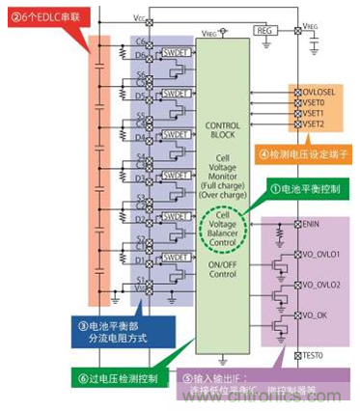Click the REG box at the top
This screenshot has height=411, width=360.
click(263, 31)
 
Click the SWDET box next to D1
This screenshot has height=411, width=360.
click(174, 258)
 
